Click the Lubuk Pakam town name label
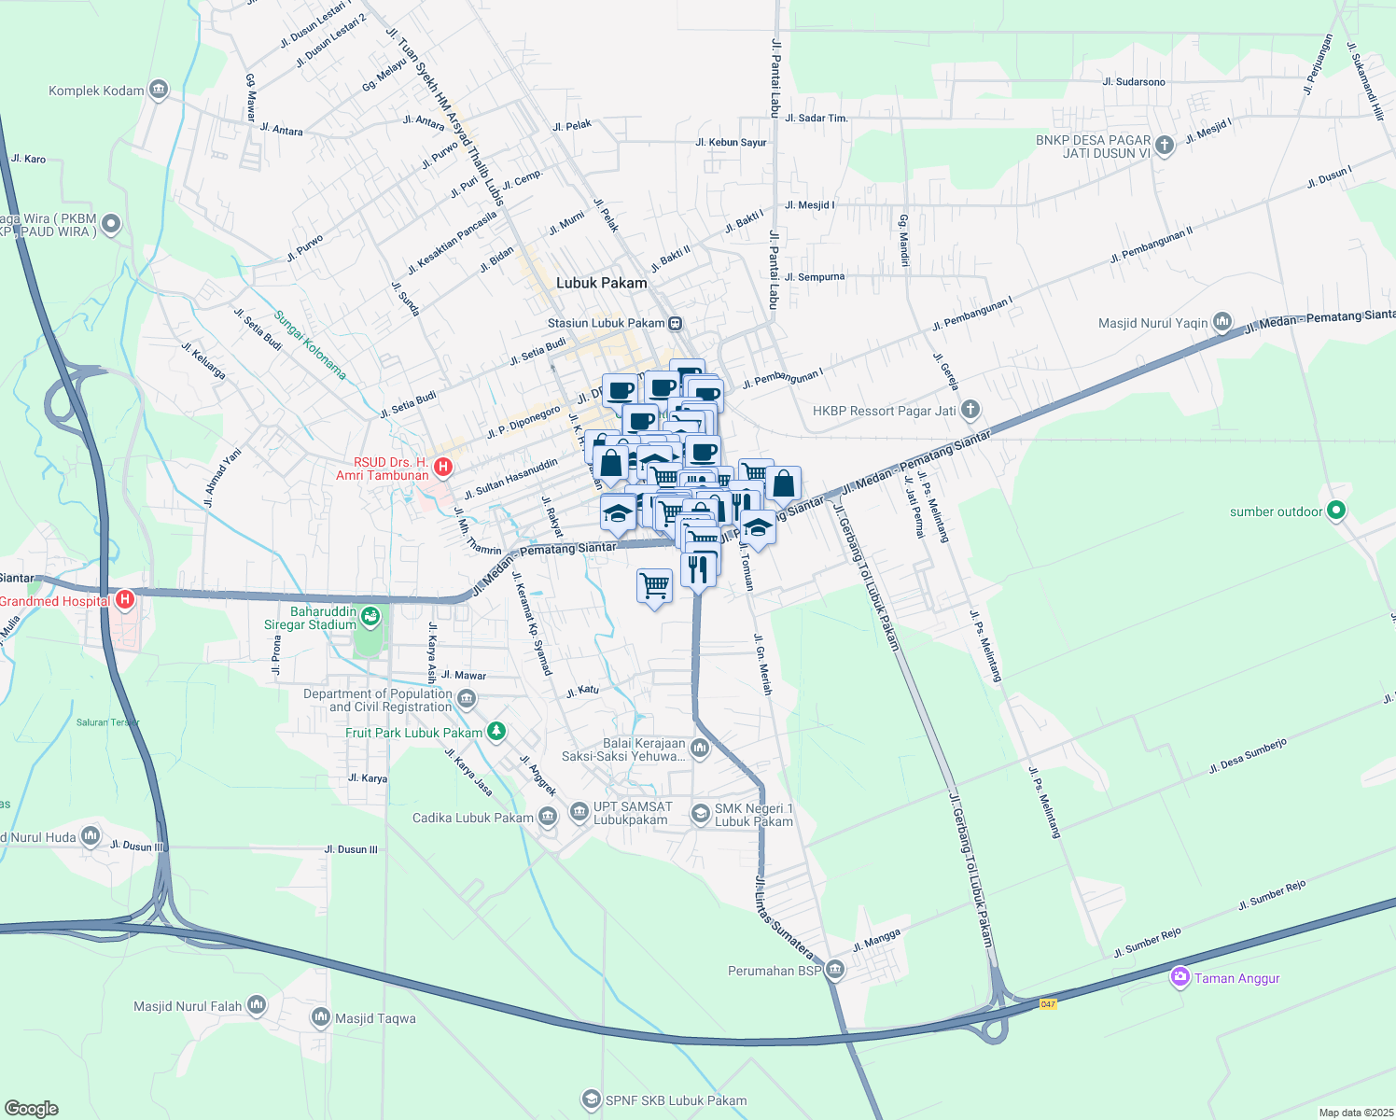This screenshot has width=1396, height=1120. pyautogui.click(x=601, y=283)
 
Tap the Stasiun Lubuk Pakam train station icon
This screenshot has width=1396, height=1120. pyautogui.click(x=675, y=324)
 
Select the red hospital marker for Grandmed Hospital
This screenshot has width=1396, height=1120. pyautogui.click(x=124, y=600)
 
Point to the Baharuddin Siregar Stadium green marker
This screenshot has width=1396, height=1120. pyautogui.click(x=371, y=617)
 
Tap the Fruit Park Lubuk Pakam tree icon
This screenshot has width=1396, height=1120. pyautogui.click(x=496, y=732)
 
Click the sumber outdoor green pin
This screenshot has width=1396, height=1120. pyautogui.click(x=1336, y=511)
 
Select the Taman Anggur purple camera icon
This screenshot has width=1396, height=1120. pyautogui.click(x=1180, y=977)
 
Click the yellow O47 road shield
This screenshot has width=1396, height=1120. pyautogui.click(x=1048, y=1003)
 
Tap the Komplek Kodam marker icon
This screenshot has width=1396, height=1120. pyautogui.click(x=158, y=90)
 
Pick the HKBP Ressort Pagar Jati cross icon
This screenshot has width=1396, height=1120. pyautogui.click(x=970, y=410)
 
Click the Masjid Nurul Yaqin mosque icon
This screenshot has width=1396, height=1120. pyautogui.click(x=1222, y=323)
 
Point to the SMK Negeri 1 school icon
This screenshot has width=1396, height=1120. pyautogui.click(x=700, y=814)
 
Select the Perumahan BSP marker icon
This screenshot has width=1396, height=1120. pyautogui.click(x=835, y=970)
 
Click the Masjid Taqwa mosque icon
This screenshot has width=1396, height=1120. pyautogui.click(x=321, y=1017)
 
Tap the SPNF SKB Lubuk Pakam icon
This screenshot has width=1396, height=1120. pyautogui.click(x=591, y=1099)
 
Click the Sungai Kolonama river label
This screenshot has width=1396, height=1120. pyautogui.click(x=310, y=344)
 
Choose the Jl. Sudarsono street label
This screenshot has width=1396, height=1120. pyautogui.click(x=1133, y=82)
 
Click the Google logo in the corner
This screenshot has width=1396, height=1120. pyautogui.click(x=31, y=1108)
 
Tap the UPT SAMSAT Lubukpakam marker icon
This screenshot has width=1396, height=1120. pyautogui.click(x=579, y=812)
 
